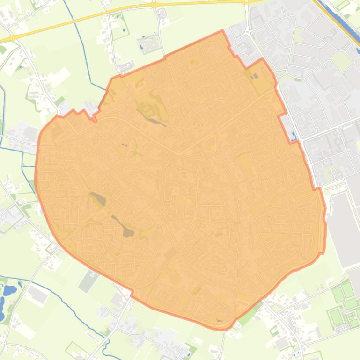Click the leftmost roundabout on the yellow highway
(x=14, y=37)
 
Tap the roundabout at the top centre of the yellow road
(x=154, y=5)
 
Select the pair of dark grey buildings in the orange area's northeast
(x=254, y=76)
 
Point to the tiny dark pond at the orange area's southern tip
(x=220, y=321)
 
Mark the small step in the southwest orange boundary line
(x=132, y=293)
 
